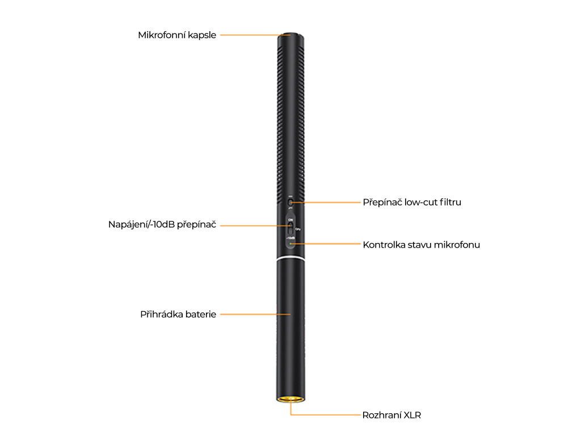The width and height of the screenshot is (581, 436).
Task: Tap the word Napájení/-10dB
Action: tap(141, 225)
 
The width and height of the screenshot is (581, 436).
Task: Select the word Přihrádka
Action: tap(162, 314)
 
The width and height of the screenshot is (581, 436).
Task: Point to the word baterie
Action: tap(201, 314)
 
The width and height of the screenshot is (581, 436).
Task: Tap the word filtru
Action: tap(451, 202)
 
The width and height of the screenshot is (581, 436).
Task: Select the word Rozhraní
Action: tap(382, 415)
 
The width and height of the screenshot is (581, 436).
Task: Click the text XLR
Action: tap(412, 415)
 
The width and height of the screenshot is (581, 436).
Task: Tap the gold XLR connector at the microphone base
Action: tap(290, 400)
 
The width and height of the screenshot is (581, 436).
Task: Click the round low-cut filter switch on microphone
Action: tap(290, 202)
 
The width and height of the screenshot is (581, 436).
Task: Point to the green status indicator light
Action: tap(290, 244)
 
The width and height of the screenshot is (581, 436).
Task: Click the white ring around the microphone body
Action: tap(290, 259)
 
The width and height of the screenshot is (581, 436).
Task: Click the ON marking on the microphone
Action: tap(290, 219)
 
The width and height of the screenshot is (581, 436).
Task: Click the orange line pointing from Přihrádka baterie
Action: tap(255, 314)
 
